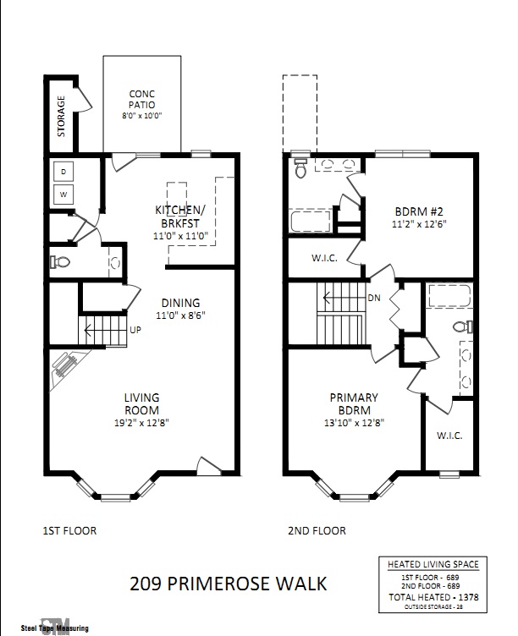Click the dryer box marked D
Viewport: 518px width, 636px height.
point(63,173)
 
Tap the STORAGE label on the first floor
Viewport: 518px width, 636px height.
point(61,116)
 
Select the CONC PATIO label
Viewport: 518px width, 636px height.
point(142,100)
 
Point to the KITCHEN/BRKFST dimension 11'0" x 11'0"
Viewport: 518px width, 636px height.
point(179,236)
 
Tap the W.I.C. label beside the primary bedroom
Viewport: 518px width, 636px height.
point(449,436)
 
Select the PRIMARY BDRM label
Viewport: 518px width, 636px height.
point(354,403)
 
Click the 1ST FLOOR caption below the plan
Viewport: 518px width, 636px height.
point(69,531)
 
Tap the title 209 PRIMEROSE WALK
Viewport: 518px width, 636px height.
point(228,583)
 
